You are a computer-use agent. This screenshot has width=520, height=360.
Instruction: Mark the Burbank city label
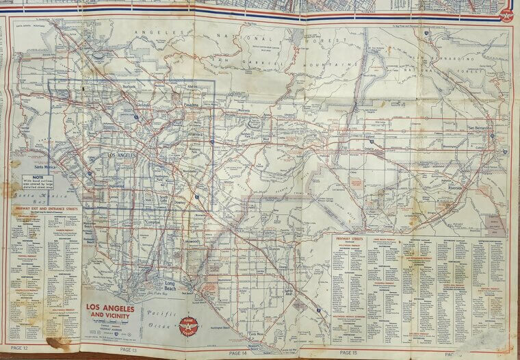click(127, 88)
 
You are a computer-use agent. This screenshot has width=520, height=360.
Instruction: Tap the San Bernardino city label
click(480, 128)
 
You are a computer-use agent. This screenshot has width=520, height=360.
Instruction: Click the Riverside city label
click(455, 187)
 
